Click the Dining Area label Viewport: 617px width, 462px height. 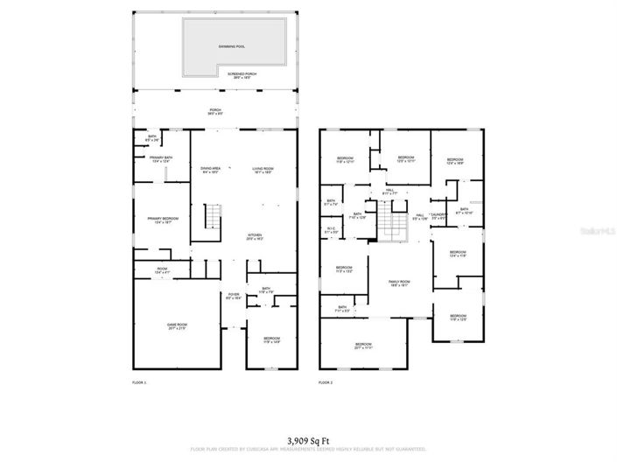point(210,170)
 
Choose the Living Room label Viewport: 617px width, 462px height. point(263,170)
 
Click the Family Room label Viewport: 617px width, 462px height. point(399,283)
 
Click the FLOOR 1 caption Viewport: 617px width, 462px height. point(139,383)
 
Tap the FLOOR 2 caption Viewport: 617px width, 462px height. point(326,383)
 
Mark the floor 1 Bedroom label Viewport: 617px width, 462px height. point(272,339)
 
